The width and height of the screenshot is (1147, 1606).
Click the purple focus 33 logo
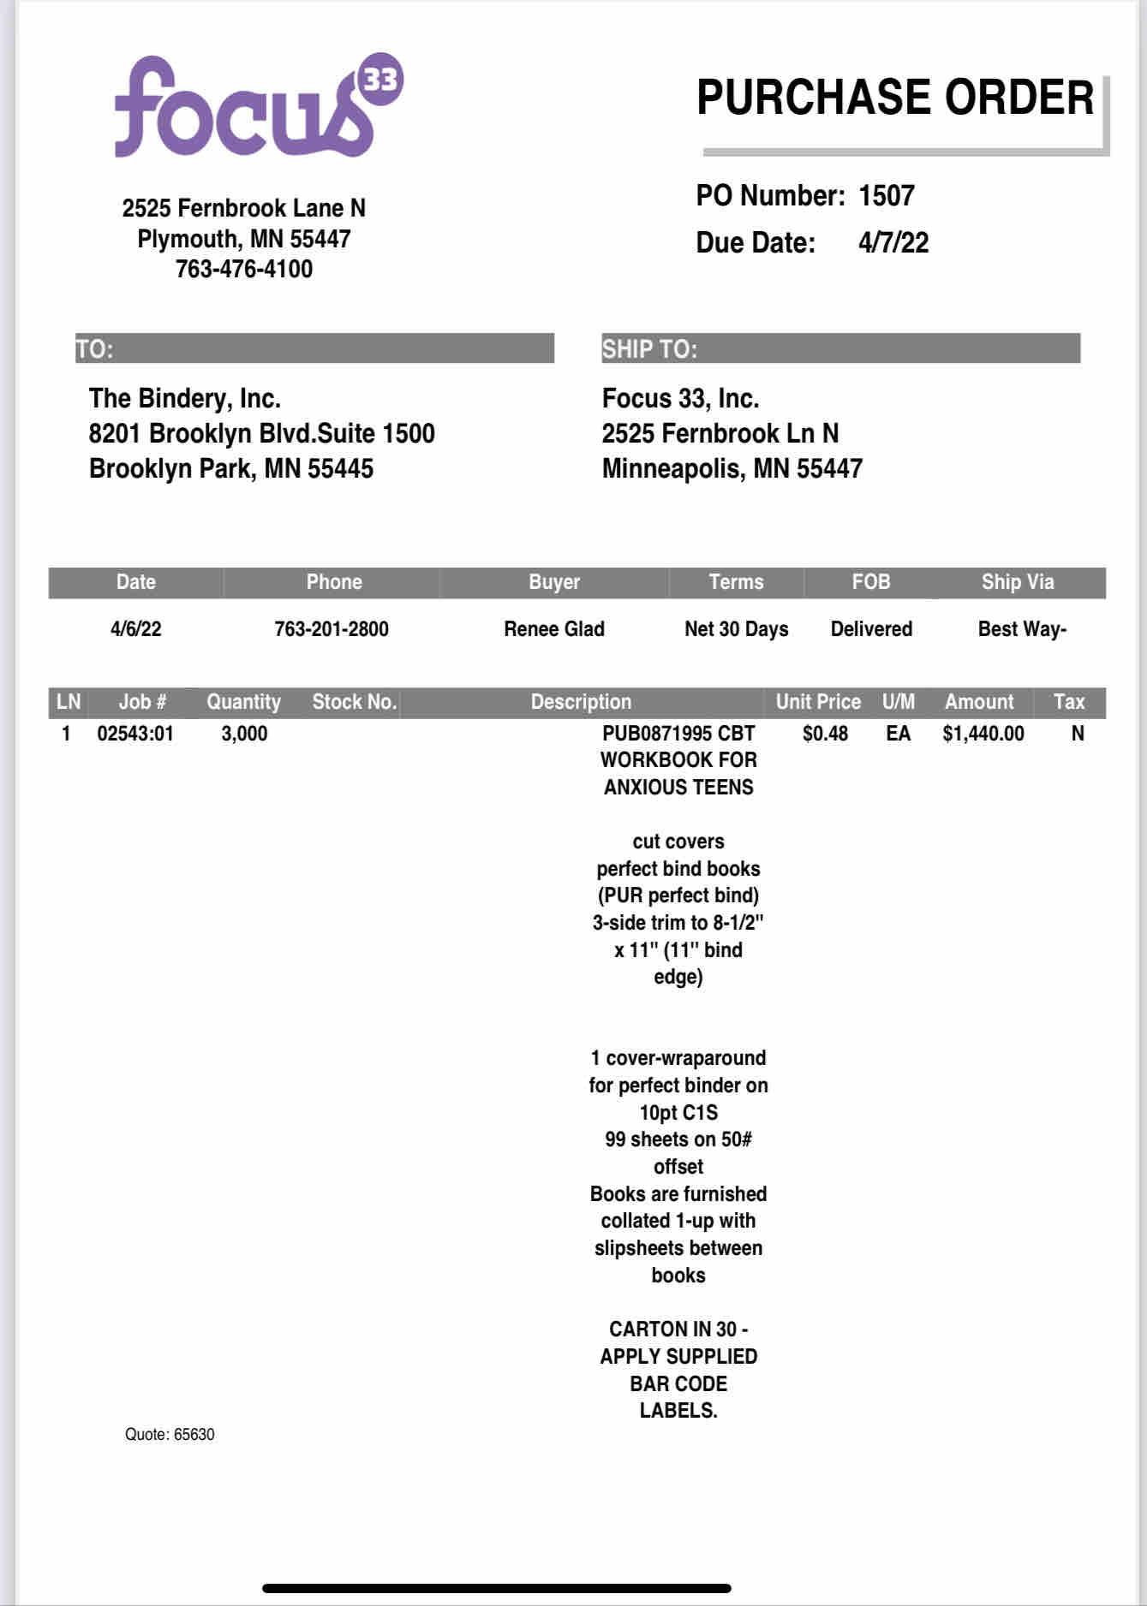click(x=257, y=107)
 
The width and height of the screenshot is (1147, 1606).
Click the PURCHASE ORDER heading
click(x=895, y=98)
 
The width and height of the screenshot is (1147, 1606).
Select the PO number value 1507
click(x=887, y=196)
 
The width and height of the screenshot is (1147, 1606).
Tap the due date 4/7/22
click(x=893, y=243)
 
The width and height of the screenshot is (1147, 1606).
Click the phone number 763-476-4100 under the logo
click(x=244, y=269)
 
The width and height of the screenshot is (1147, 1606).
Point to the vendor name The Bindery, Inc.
click(x=185, y=399)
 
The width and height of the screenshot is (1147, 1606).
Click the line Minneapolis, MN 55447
click(x=732, y=469)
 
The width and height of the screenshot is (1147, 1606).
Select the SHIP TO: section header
click(x=649, y=349)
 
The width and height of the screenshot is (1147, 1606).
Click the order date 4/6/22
click(x=135, y=629)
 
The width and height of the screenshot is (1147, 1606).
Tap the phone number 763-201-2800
click(x=332, y=629)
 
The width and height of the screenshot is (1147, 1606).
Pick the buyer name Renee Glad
click(x=554, y=629)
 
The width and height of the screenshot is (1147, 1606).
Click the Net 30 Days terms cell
click(x=736, y=629)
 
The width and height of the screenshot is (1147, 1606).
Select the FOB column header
click(x=871, y=582)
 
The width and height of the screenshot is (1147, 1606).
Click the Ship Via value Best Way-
click(x=1022, y=629)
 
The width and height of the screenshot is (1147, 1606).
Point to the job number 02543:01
click(x=135, y=734)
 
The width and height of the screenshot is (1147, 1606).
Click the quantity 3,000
click(x=244, y=734)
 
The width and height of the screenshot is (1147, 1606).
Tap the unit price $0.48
click(x=825, y=734)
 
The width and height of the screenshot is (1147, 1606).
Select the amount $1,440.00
click(x=983, y=734)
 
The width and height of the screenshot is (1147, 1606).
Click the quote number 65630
click(x=194, y=1435)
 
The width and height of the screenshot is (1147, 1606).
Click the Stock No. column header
click(x=355, y=702)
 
